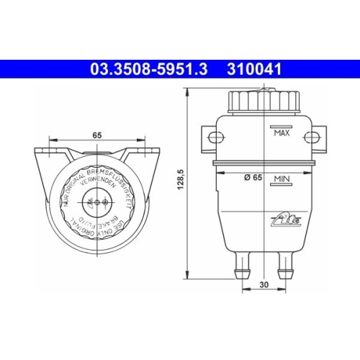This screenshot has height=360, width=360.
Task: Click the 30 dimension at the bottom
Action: pyautogui.click(x=264, y=284)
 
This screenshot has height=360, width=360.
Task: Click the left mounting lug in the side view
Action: pyautogui.click(x=209, y=138)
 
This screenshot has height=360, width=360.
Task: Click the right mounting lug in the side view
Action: pyautogui.click(x=317, y=138)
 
